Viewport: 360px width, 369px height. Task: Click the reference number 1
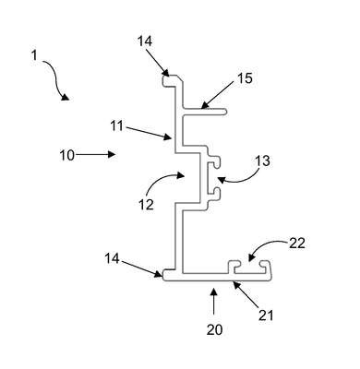pyautogui.click(x=34, y=55)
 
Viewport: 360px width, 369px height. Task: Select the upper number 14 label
pyautogui.click(x=145, y=41)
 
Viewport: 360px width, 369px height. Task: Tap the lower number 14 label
pyautogui.click(x=112, y=258)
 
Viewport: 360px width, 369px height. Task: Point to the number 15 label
pyautogui.click(x=245, y=78)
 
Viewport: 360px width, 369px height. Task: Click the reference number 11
pyautogui.click(x=117, y=126)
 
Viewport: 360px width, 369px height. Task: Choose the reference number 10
pyautogui.click(x=67, y=155)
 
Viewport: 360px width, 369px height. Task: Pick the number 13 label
pyautogui.click(x=263, y=161)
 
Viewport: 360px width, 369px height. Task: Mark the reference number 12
pyautogui.click(x=146, y=205)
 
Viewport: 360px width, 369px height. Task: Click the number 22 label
pyautogui.click(x=297, y=244)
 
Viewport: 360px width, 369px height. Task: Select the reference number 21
pyautogui.click(x=266, y=315)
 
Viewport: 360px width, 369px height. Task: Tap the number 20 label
pyautogui.click(x=214, y=330)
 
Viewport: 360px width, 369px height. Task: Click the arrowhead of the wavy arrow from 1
pyautogui.click(x=65, y=97)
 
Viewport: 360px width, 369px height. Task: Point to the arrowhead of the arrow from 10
pyautogui.click(x=113, y=154)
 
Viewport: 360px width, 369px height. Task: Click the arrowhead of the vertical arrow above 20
pyautogui.click(x=214, y=292)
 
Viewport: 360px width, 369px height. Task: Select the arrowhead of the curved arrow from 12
pyautogui.click(x=181, y=175)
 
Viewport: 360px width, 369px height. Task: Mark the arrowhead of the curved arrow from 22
pyautogui.click(x=252, y=257)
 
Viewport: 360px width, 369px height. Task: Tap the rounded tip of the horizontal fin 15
pyautogui.click(x=226, y=112)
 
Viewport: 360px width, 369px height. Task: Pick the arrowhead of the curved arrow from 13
pyautogui.click(x=221, y=179)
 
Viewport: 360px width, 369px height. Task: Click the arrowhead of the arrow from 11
pyautogui.click(x=168, y=137)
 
